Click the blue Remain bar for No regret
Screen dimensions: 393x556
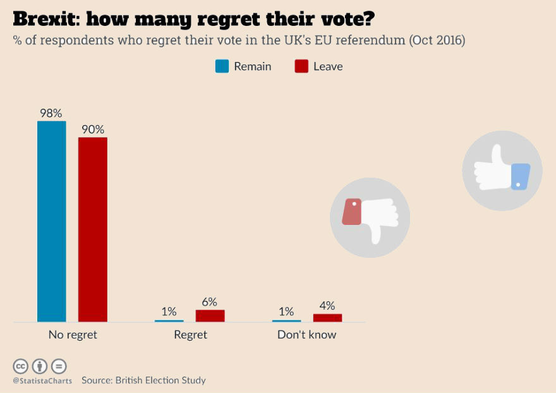[x=51, y=221]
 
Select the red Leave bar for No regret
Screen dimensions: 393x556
[x=92, y=229]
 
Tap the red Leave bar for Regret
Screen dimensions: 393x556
[x=210, y=316]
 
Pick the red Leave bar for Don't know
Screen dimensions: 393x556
[x=327, y=318]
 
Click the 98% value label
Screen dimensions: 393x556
[x=51, y=113]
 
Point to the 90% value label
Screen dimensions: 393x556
[x=92, y=130]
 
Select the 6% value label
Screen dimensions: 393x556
[x=209, y=302]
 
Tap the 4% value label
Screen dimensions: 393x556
[x=327, y=306]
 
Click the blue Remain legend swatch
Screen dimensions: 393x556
[x=222, y=66]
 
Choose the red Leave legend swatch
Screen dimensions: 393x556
[x=301, y=66]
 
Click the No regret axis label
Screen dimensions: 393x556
[x=73, y=335]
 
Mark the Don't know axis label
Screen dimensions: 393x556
[x=307, y=335]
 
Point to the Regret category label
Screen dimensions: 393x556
[x=190, y=335]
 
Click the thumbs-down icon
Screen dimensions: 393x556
[x=370, y=217]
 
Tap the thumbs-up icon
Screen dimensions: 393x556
[x=502, y=171]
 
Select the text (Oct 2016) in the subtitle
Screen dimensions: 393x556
[x=437, y=40]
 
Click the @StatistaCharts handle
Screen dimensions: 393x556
[x=42, y=381]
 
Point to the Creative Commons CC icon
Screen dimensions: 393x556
[x=21, y=366]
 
